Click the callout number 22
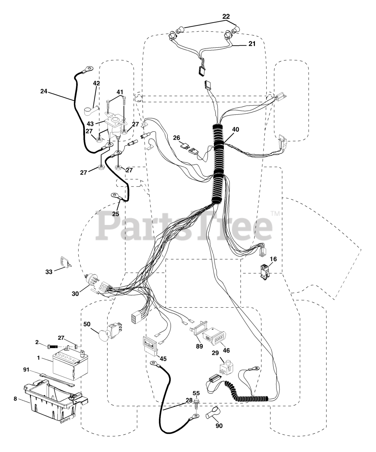(x=226, y=16)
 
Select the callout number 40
(x=235, y=129)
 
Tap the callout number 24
(x=44, y=91)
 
